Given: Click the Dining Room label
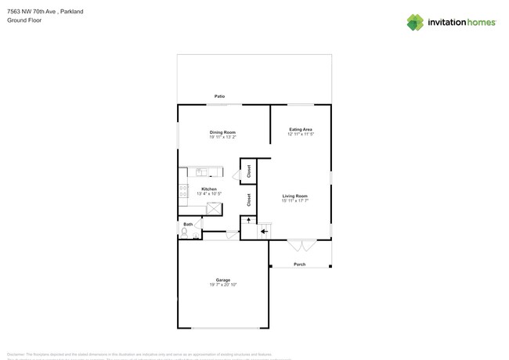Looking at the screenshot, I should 222,132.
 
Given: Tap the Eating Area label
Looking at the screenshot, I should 301,129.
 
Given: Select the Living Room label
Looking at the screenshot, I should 294,196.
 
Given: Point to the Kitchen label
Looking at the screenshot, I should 209,189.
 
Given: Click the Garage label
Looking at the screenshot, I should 223,279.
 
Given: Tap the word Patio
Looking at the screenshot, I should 220,96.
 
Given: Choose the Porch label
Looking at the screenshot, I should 300,265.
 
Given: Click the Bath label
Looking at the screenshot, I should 188,225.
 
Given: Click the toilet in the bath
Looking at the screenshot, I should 185,232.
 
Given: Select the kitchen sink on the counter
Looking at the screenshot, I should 201,171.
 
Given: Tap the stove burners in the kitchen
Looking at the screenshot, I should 183,190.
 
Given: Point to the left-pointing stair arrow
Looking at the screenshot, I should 264,231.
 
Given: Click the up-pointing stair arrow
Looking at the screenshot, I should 249,221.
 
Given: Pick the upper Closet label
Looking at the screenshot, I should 248,171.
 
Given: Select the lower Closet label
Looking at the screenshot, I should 248,200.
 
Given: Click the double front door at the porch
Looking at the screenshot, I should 301,245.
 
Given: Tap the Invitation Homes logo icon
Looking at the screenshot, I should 415,23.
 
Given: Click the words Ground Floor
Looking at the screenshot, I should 24,20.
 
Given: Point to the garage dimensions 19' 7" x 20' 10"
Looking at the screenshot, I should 223,285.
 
